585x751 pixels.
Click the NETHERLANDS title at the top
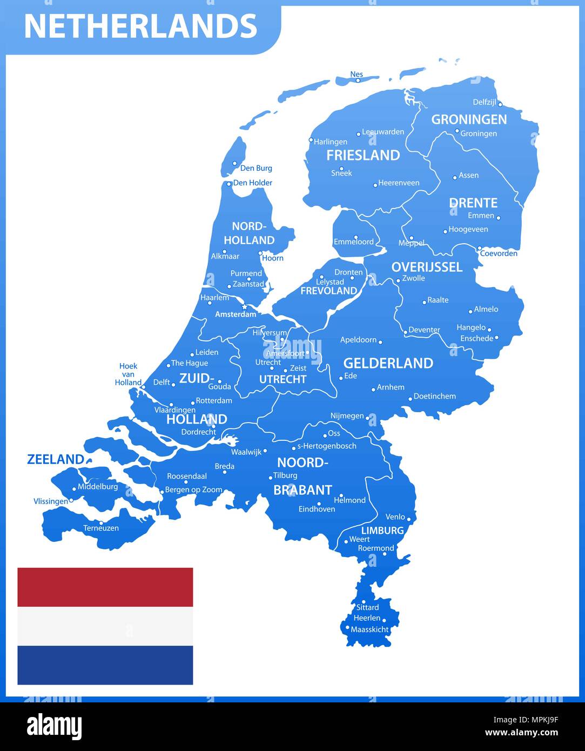[140, 26]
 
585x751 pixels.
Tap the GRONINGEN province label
[468, 119]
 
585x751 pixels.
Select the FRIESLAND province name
[363, 156]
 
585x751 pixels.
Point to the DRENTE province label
[473, 203]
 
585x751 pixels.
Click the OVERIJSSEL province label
[427, 267]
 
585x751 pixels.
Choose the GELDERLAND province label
[388, 363]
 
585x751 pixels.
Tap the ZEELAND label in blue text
[56, 460]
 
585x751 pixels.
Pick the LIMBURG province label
[382, 531]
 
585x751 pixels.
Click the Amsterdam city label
[236, 314]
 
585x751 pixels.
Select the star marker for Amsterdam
[244, 307]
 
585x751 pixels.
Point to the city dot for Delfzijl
[500, 104]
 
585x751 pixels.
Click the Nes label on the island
[357, 75]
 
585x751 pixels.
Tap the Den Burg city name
[256, 168]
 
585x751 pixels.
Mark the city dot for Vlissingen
[71, 500]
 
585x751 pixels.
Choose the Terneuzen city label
[101, 528]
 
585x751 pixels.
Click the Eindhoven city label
[317, 509]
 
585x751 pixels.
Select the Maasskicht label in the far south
[369, 629]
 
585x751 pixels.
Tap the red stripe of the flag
[105, 587]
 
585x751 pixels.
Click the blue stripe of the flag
[105, 665]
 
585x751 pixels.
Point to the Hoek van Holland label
[128, 374]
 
